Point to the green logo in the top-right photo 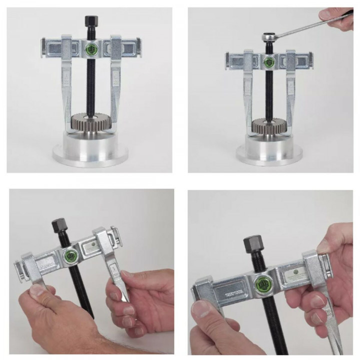pos(269,62)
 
